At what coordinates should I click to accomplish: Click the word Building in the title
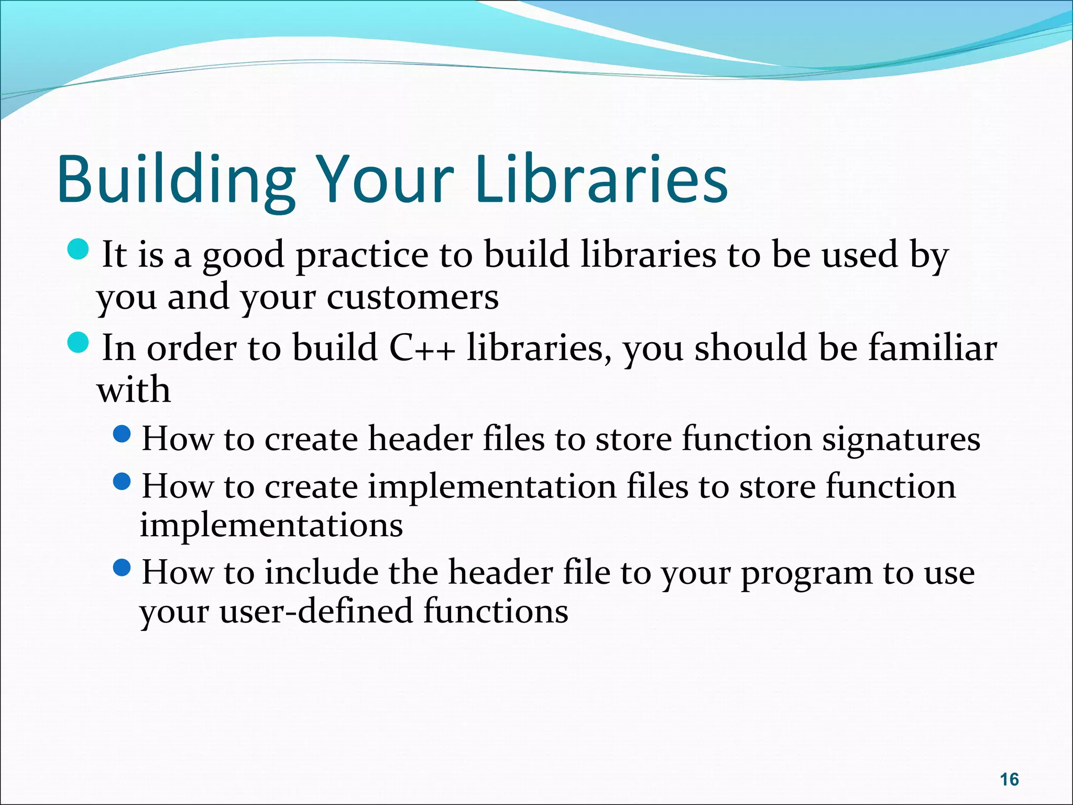(x=176, y=179)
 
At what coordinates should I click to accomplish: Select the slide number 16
(x=1009, y=779)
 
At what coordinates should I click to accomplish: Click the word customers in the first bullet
(x=412, y=297)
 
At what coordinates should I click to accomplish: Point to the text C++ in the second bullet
(x=422, y=348)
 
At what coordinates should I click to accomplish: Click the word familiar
(x=933, y=348)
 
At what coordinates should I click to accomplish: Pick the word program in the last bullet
(x=806, y=573)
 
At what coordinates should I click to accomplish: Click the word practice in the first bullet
(x=362, y=256)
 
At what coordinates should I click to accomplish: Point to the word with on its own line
(x=134, y=390)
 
